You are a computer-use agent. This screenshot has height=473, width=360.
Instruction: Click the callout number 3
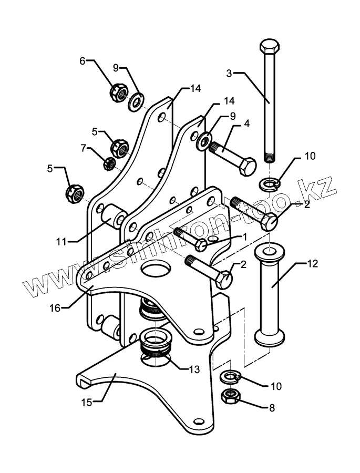pyautogui.click(x=229, y=73)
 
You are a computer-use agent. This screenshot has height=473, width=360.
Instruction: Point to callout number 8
pyautogui.click(x=272, y=407)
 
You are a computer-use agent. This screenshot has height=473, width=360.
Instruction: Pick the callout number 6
pyautogui.click(x=82, y=61)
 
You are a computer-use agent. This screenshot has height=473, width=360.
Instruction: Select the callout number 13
pyautogui.click(x=194, y=369)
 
